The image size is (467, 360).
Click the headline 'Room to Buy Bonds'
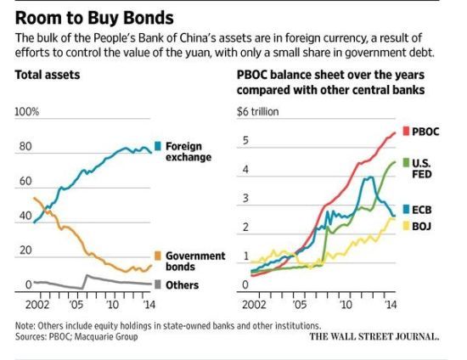[x=94, y=18]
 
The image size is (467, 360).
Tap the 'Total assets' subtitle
[x=48, y=75]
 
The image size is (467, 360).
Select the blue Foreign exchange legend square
[x=158, y=146]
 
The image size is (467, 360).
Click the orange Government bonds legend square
[x=158, y=256]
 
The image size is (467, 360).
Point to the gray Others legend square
[x=158, y=284]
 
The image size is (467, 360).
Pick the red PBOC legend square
[x=406, y=131]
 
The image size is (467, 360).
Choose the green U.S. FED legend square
[x=406, y=162]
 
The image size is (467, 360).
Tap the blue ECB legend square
[x=406, y=210]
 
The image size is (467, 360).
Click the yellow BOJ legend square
[x=406, y=226]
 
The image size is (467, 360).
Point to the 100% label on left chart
[x=27, y=112]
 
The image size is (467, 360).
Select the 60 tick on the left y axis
[x=25, y=181]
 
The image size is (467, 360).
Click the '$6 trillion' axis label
[x=258, y=112]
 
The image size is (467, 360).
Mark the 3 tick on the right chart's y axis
[x=245, y=199]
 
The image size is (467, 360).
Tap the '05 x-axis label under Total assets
[x=76, y=305]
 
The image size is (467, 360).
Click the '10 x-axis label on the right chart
[x=346, y=305]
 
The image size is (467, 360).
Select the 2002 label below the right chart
[x=254, y=305]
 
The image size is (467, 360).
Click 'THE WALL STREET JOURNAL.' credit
[x=374, y=336]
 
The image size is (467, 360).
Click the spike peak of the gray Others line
[x=87, y=275]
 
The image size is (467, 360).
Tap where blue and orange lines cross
[x=45, y=210]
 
